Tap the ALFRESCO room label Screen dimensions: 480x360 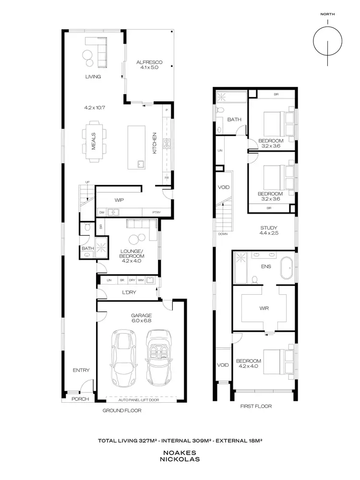[149, 65]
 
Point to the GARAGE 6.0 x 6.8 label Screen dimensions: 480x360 [142, 318]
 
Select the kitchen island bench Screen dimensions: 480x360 [137, 147]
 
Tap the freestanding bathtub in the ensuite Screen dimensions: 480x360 [287, 268]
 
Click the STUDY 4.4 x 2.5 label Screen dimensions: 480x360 [269, 230]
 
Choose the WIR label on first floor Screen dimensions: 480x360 [263, 309]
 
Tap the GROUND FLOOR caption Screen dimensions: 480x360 [122, 411]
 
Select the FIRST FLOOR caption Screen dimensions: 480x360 [256, 406]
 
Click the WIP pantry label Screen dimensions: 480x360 [120, 200]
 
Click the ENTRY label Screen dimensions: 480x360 [81, 370]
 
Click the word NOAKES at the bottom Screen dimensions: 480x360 [180, 452]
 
